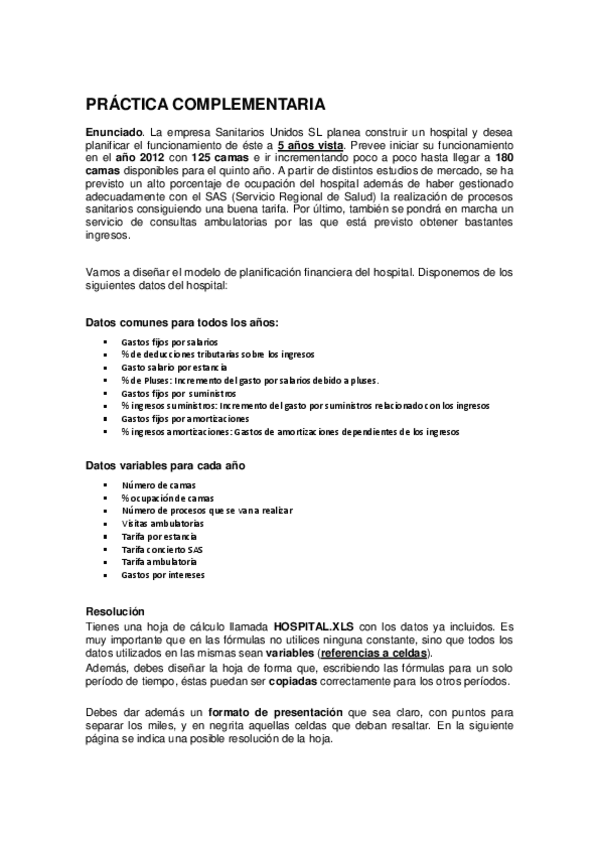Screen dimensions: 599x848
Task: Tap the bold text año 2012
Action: point(140,158)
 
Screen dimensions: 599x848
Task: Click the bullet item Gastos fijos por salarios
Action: point(168,342)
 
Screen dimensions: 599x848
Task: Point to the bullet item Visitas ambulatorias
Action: point(163,523)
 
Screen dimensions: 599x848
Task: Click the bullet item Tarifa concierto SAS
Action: point(162,549)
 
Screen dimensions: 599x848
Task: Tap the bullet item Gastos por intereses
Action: point(164,575)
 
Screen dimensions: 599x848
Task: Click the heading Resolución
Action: point(115,611)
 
